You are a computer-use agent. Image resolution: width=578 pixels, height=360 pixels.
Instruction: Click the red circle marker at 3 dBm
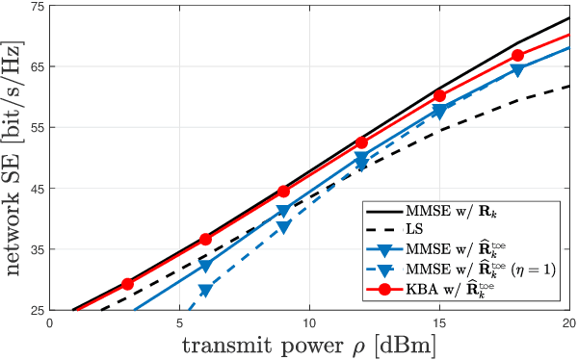(127, 284)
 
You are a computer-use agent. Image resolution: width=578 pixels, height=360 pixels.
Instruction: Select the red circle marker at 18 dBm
(517, 56)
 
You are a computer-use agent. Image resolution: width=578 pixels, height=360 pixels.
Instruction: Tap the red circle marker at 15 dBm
(439, 95)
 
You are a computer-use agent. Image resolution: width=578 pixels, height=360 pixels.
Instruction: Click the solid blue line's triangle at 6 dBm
(205, 265)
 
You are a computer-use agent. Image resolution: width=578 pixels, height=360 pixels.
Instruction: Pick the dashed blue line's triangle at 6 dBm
(205, 290)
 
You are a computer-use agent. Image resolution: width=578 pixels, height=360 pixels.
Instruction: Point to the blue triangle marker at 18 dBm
(517, 70)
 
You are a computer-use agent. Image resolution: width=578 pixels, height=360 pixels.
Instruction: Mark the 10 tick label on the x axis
(308, 324)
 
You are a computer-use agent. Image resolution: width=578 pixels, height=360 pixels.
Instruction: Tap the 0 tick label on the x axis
(50, 324)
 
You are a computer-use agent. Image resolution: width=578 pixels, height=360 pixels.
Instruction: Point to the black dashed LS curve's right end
(567, 87)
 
